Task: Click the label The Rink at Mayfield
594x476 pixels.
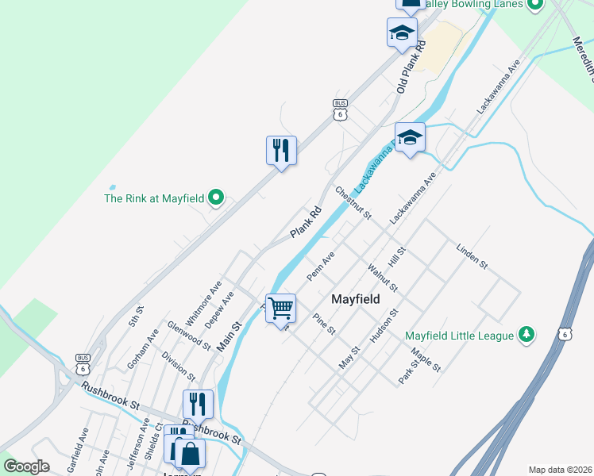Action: tap(155, 198)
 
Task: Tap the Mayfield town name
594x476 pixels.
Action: tap(355, 299)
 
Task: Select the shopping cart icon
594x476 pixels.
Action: tap(280, 307)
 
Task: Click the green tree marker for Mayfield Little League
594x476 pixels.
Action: tap(525, 335)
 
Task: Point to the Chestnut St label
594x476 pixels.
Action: tap(353, 202)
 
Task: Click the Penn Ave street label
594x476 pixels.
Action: tap(321, 267)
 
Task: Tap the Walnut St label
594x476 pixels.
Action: tap(383, 278)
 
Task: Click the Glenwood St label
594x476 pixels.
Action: tap(189, 336)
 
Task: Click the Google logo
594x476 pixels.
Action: tap(26, 466)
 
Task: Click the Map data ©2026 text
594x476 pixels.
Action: tap(560, 470)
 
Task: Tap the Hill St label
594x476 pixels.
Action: tap(397, 256)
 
